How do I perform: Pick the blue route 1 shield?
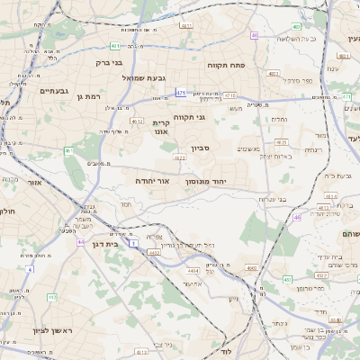pyautogui.click(x=132, y=244)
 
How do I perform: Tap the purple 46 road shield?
pyautogui.click(x=298, y=217)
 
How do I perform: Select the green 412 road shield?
pyautogui.click(x=52, y=296)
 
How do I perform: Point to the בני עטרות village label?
pyautogui.click(x=271, y=199)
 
